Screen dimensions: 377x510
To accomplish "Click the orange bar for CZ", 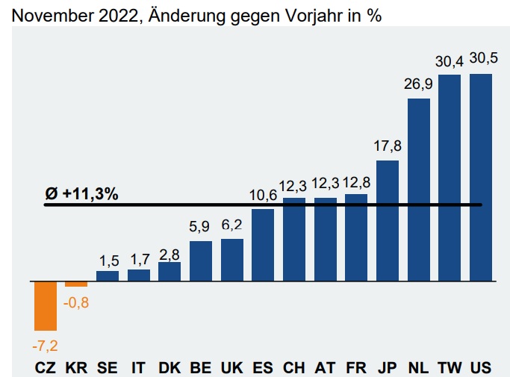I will pyautogui.click(x=45, y=306).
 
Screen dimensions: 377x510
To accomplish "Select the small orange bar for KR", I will pyautogui.click(x=76, y=284).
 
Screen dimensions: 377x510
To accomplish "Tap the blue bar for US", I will pyautogui.click(x=481, y=178).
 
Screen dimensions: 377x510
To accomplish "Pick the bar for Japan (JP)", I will pyautogui.click(x=387, y=221).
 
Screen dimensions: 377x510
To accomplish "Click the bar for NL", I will pyautogui.click(x=418, y=190).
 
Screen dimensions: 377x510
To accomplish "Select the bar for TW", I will pyautogui.click(x=450, y=178).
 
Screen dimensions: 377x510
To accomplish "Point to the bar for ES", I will pyautogui.click(x=263, y=245).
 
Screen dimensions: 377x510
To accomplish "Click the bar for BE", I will pyautogui.click(x=201, y=261).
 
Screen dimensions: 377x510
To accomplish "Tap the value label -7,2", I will pyautogui.click(x=45, y=346).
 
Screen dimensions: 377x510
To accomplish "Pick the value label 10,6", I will pyautogui.click(x=263, y=196).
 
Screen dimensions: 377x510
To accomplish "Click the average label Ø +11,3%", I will pyautogui.click(x=81, y=193).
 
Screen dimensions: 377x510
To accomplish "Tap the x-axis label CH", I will pyautogui.click(x=293, y=367).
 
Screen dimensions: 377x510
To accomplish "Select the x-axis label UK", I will pyautogui.click(x=231, y=367).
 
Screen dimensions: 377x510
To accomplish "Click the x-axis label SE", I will pyautogui.click(x=107, y=367).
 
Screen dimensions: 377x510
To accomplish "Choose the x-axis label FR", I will pyautogui.click(x=356, y=367).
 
